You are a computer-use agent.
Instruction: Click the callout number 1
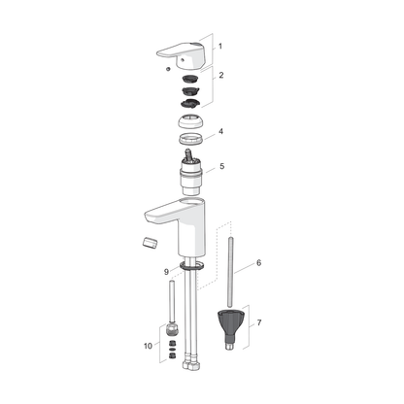pyautogui.click(x=219, y=46)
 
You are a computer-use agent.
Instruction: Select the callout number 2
pyautogui.click(x=220, y=74)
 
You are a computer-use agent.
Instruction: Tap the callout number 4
pyautogui.click(x=220, y=131)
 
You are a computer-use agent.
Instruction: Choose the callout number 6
pyautogui.click(x=258, y=262)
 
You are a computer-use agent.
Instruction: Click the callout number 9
pyautogui.click(x=166, y=271)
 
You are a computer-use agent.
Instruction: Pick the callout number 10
pyautogui.click(x=148, y=345)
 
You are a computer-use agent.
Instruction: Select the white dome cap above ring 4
pyautogui.click(x=193, y=122)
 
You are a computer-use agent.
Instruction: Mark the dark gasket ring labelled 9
pyautogui.click(x=192, y=264)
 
